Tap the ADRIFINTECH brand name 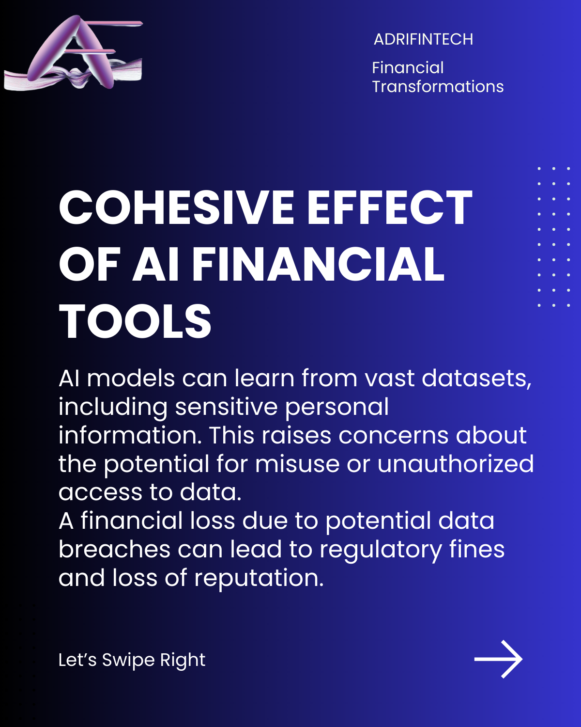[423, 39]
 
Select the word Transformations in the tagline [438, 87]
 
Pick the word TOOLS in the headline [135, 321]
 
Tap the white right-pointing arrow [498, 659]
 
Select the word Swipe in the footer [128, 660]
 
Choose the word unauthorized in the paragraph [455, 464]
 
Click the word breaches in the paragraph [114, 549]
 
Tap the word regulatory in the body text [381, 550]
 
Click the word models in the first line [131, 378]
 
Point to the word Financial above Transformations [408, 68]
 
